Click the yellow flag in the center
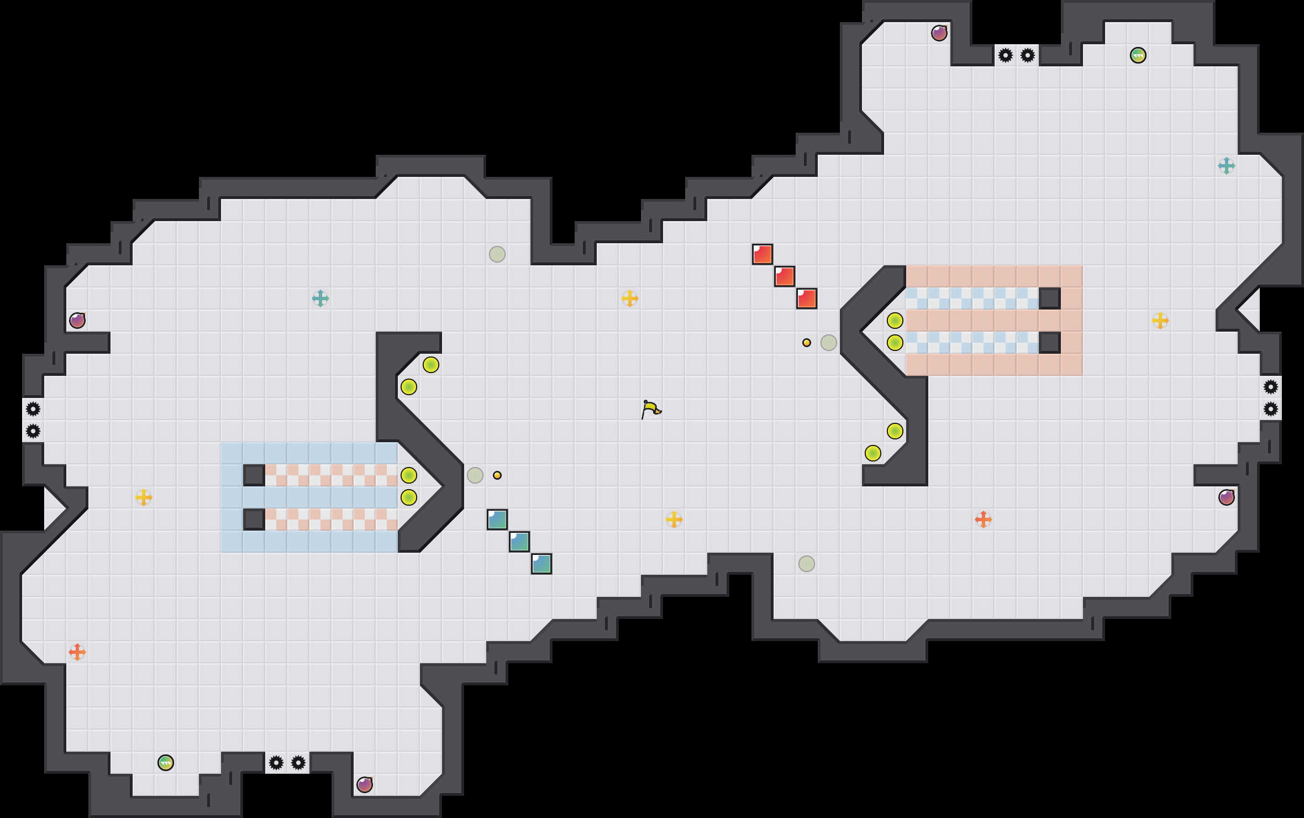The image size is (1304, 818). (x=651, y=409)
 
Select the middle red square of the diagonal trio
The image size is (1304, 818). (x=785, y=276)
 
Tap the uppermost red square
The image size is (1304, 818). (x=763, y=254)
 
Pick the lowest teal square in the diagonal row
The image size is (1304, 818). (x=541, y=564)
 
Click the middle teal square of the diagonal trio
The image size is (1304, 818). (x=519, y=542)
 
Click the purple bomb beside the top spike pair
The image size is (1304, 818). (x=939, y=33)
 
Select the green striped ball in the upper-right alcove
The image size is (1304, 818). (x=1138, y=55)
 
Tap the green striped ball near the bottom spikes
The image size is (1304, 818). (x=166, y=763)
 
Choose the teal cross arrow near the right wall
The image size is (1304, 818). (x=1227, y=166)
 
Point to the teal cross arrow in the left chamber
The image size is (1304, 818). (x=320, y=298)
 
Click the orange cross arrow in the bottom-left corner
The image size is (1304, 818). (x=77, y=652)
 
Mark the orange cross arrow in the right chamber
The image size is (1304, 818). (x=984, y=520)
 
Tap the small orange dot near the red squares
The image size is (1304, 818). (x=807, y=343)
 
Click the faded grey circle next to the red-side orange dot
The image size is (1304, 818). (x=829, y=343)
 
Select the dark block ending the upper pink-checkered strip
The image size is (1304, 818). (x=254, y=475)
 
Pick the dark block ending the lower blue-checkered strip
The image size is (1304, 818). (x=1050, y=343)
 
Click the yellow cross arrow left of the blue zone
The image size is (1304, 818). (x=144, y=497)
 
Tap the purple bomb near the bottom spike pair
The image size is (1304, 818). (x=365, y=785)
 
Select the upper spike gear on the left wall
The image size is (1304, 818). (x=33, y=409)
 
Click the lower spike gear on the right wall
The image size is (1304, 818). (x=1271, y=409)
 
